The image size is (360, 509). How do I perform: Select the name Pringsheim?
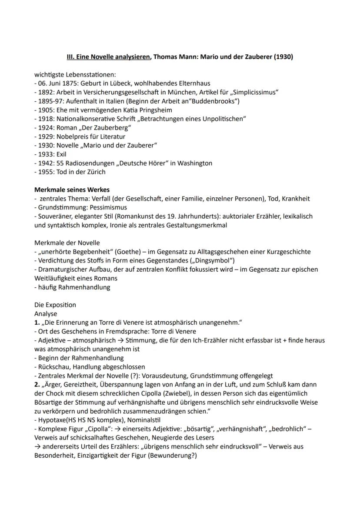(x=153, y=110)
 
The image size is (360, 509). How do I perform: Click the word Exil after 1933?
(x=61, y=154)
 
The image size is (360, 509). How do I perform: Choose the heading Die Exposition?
(x=55, y=305)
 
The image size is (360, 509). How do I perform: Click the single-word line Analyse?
(x=46, y=313)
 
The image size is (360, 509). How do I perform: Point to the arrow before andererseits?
(x=37, y=446)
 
